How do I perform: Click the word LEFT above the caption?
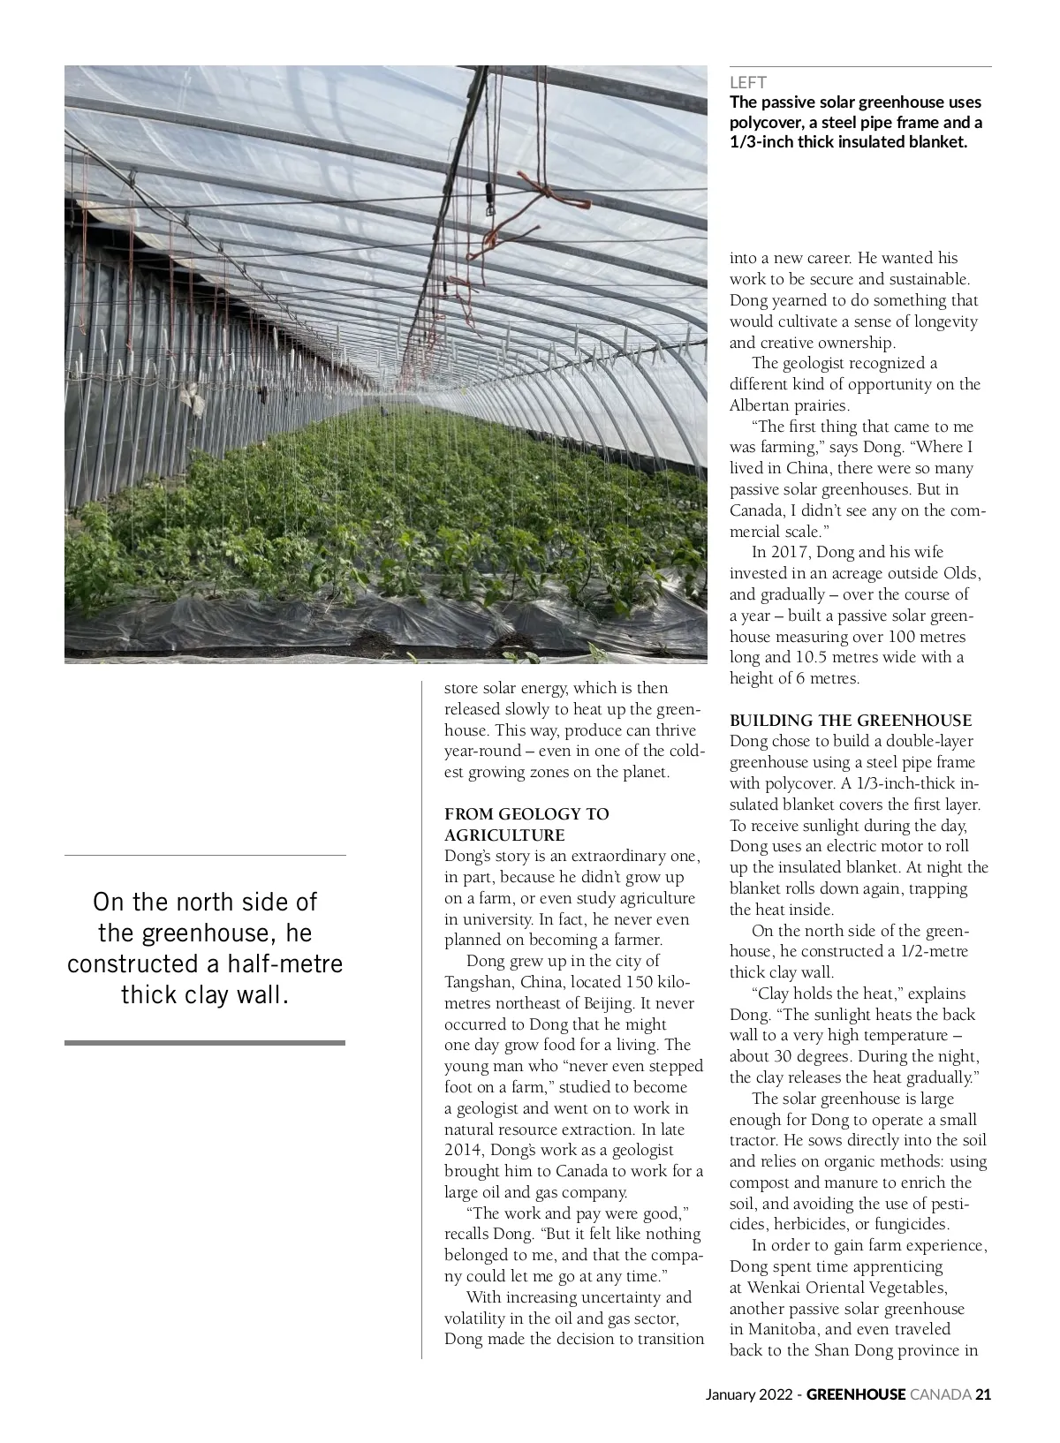pyautogui.click(x=747, y=83)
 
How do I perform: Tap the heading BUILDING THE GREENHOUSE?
pyautogui.click(x=850, y=721)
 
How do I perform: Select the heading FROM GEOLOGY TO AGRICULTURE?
pyautogui.click(x=526, y=824)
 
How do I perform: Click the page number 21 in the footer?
pyautogui.click(x=983, y=1394)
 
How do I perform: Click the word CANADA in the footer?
pyautogui.click(x=940, y=1394)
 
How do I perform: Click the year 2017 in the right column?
pyautogui.click(x=791, y=552)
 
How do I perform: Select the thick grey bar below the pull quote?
pyautogui.click(x=205, y=1043)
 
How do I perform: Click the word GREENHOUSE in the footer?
pyautogui.click(x=856, y=1394)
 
